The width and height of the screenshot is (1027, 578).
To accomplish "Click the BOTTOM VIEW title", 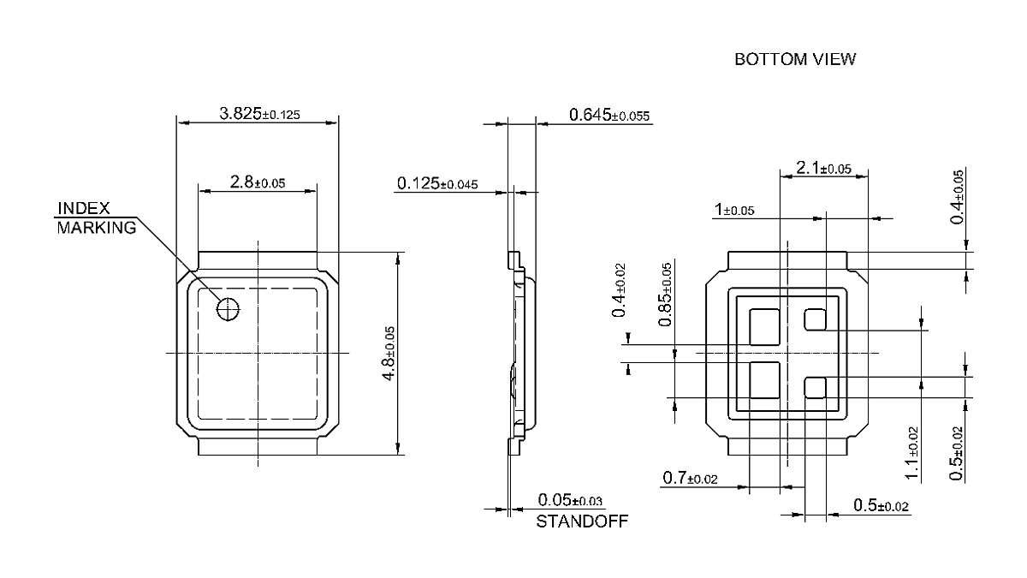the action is tap(795, 59).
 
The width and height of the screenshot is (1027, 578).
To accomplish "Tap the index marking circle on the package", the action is tap(228, 309).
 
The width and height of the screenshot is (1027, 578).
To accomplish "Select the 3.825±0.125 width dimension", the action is tap(259, 113).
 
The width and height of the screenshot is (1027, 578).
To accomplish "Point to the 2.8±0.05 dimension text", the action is tap(258, 182).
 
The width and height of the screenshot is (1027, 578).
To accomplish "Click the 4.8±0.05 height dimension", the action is tap(389, 353).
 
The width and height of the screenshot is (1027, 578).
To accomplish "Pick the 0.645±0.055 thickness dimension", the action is tap(609, 115).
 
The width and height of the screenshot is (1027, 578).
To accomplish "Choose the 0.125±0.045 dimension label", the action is tap(437, 183).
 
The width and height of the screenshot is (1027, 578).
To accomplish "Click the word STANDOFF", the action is tap(582, 521).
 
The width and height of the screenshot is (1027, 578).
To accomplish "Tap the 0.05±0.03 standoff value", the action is tap(570, 499).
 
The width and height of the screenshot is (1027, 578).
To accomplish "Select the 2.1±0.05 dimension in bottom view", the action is tap(823, 168).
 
